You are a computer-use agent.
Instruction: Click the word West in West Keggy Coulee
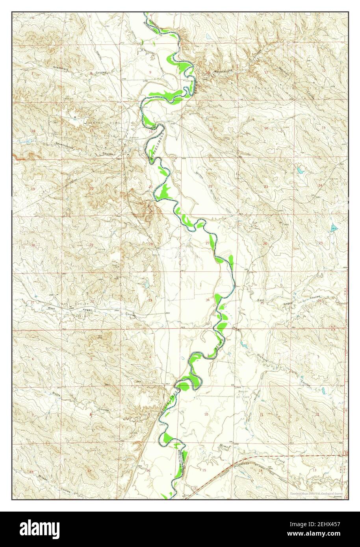[50, 308]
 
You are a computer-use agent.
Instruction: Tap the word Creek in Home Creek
[280, 460]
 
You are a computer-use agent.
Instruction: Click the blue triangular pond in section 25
[334, 227]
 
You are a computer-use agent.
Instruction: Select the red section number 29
[91, 245]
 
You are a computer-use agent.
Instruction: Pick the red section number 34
[208, 300]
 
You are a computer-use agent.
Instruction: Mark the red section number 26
[265, 244]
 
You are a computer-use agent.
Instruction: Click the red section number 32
[91, 301]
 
